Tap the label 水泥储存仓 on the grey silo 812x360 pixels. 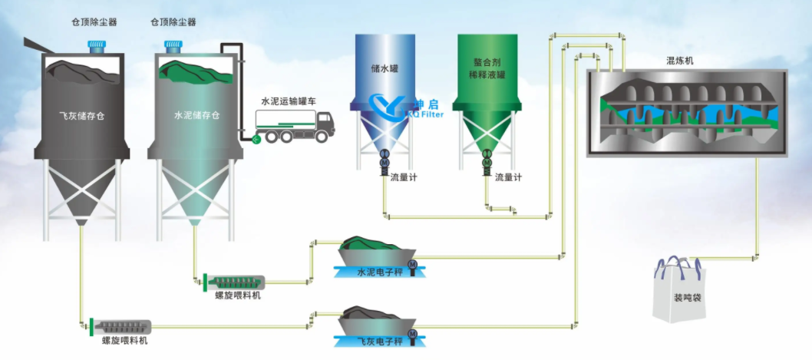(196, 116)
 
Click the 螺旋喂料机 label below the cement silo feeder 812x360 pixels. (237, 295)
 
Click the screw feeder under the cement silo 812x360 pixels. (233, 281)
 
